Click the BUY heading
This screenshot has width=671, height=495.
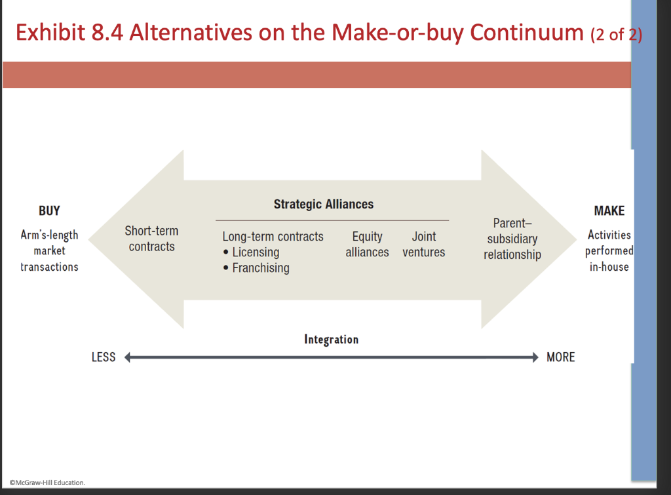(x=49, y=211)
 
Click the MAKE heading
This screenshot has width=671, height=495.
(x=609, y=211)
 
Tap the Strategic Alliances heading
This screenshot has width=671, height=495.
(x=324, y=204)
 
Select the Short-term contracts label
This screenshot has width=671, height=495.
(x=151, y=239)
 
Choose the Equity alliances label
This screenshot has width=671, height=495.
(x=367, y=245)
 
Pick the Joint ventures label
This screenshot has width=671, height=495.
(x=423, y=245)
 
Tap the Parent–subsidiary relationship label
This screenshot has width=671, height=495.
(x=512, y=239)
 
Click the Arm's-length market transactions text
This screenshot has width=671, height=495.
(x=49, y=251)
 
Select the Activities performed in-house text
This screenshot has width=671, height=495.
(x=609, y=251)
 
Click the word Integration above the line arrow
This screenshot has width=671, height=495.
(x=331, y=340)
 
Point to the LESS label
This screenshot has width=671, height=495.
(x=104, y=357)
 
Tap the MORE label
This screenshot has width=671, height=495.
(x=560, y=357)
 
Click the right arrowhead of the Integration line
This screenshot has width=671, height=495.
(x=533, y=357)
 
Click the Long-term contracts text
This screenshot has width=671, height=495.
(x=273, y=237)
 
